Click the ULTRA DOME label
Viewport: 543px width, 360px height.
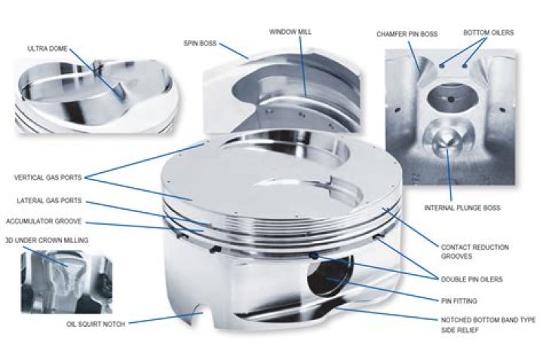[48, 49]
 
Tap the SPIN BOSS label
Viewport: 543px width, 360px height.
[199, 44]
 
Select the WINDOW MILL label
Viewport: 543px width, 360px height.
[290, 32]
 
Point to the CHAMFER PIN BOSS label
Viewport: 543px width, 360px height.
[408, 34]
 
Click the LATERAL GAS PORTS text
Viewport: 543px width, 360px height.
[47, 201]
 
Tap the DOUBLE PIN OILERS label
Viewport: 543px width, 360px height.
[473, 279]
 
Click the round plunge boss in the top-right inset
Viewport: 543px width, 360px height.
[445, 140]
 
